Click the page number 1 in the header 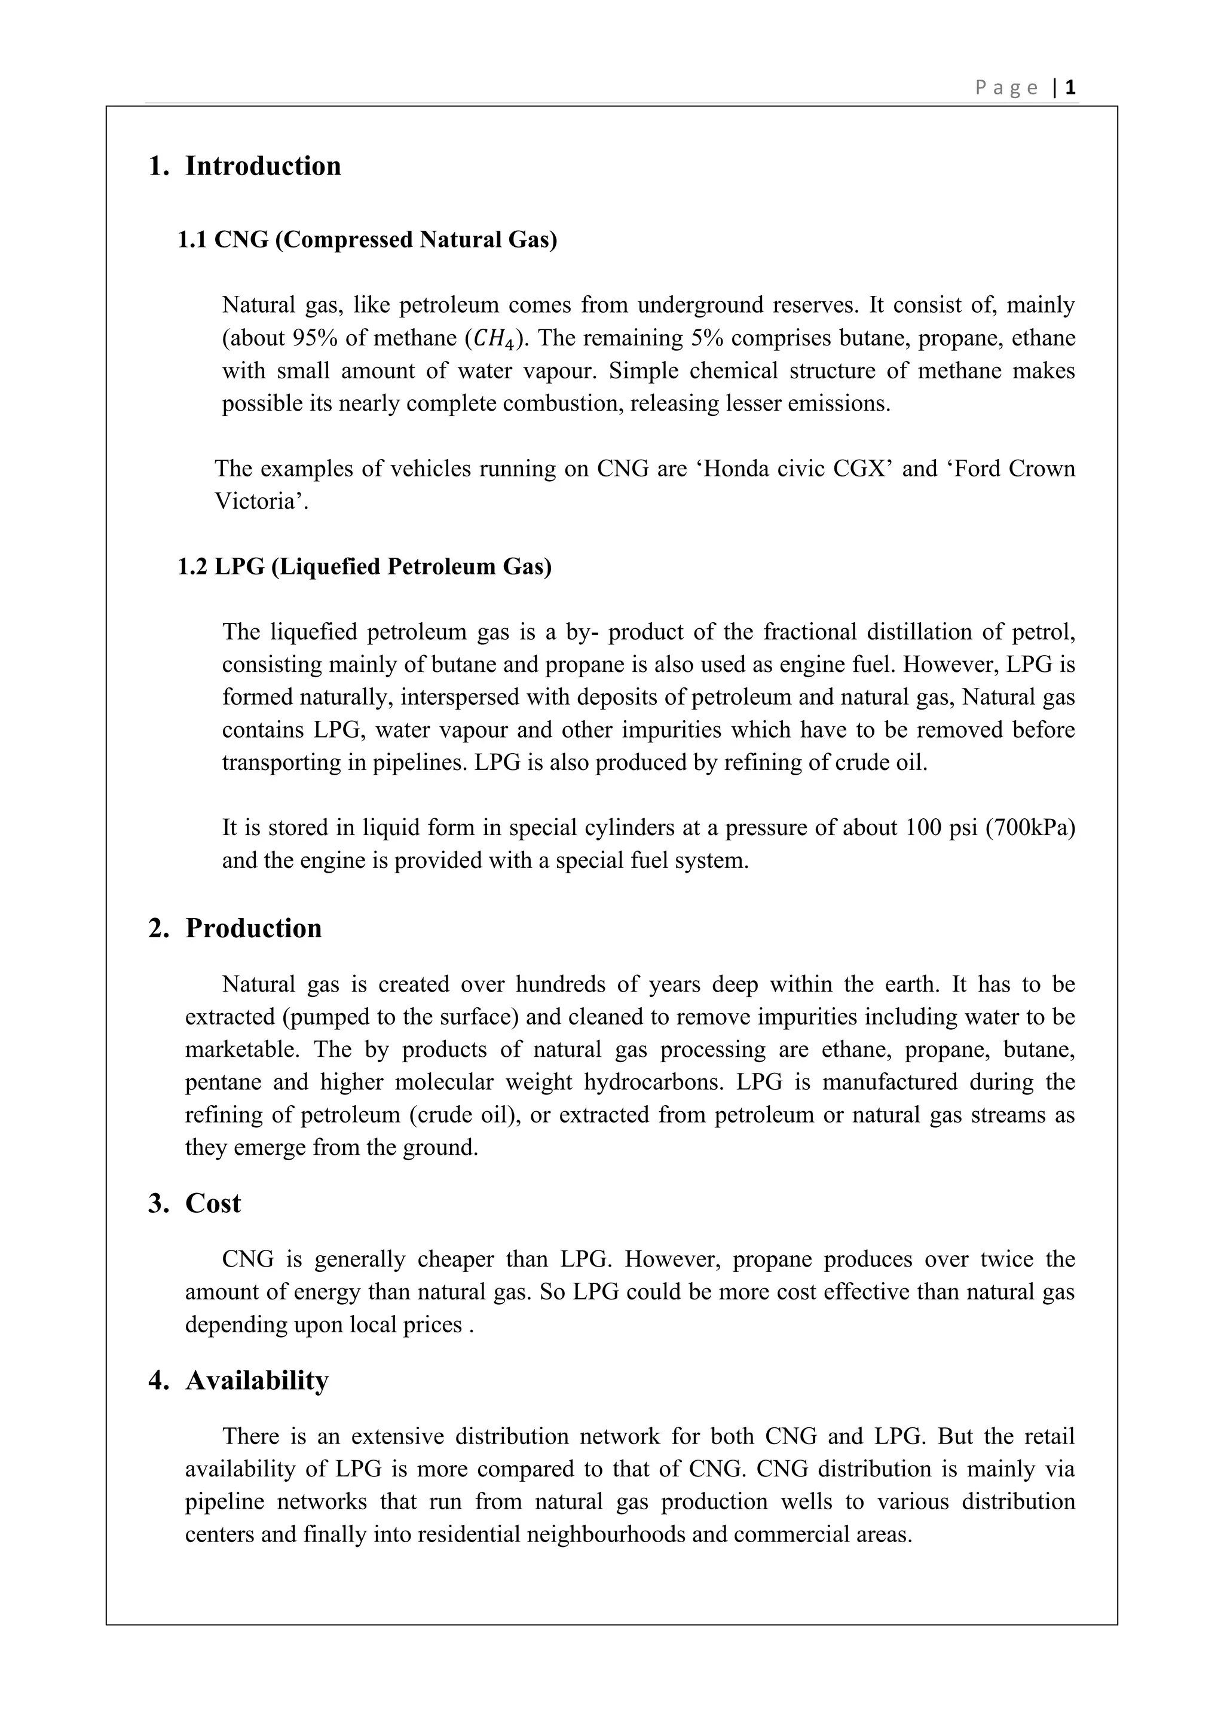point(1070,88)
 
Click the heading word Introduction point(263,166)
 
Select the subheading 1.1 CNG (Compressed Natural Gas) point(367,240)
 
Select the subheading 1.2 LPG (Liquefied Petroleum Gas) point(364,566)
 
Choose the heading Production point(253,928)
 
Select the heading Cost point(213,1203)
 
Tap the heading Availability point(257,1380)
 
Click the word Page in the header point(1006,88)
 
